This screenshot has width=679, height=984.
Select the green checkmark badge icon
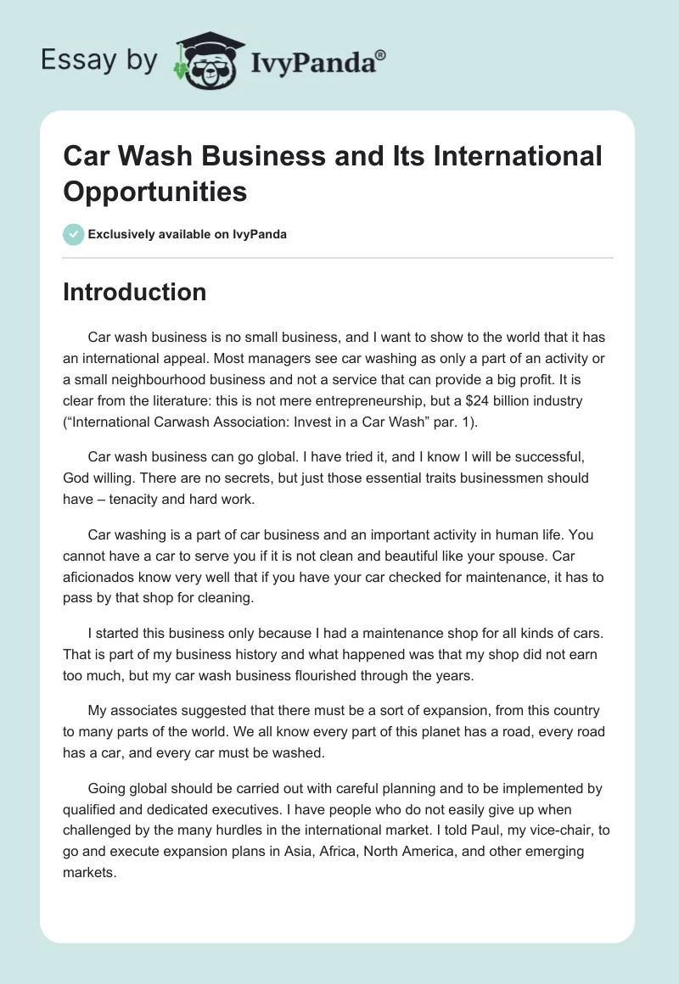[x=74, y=234]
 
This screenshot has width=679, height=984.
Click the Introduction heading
[x=134, y=292]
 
